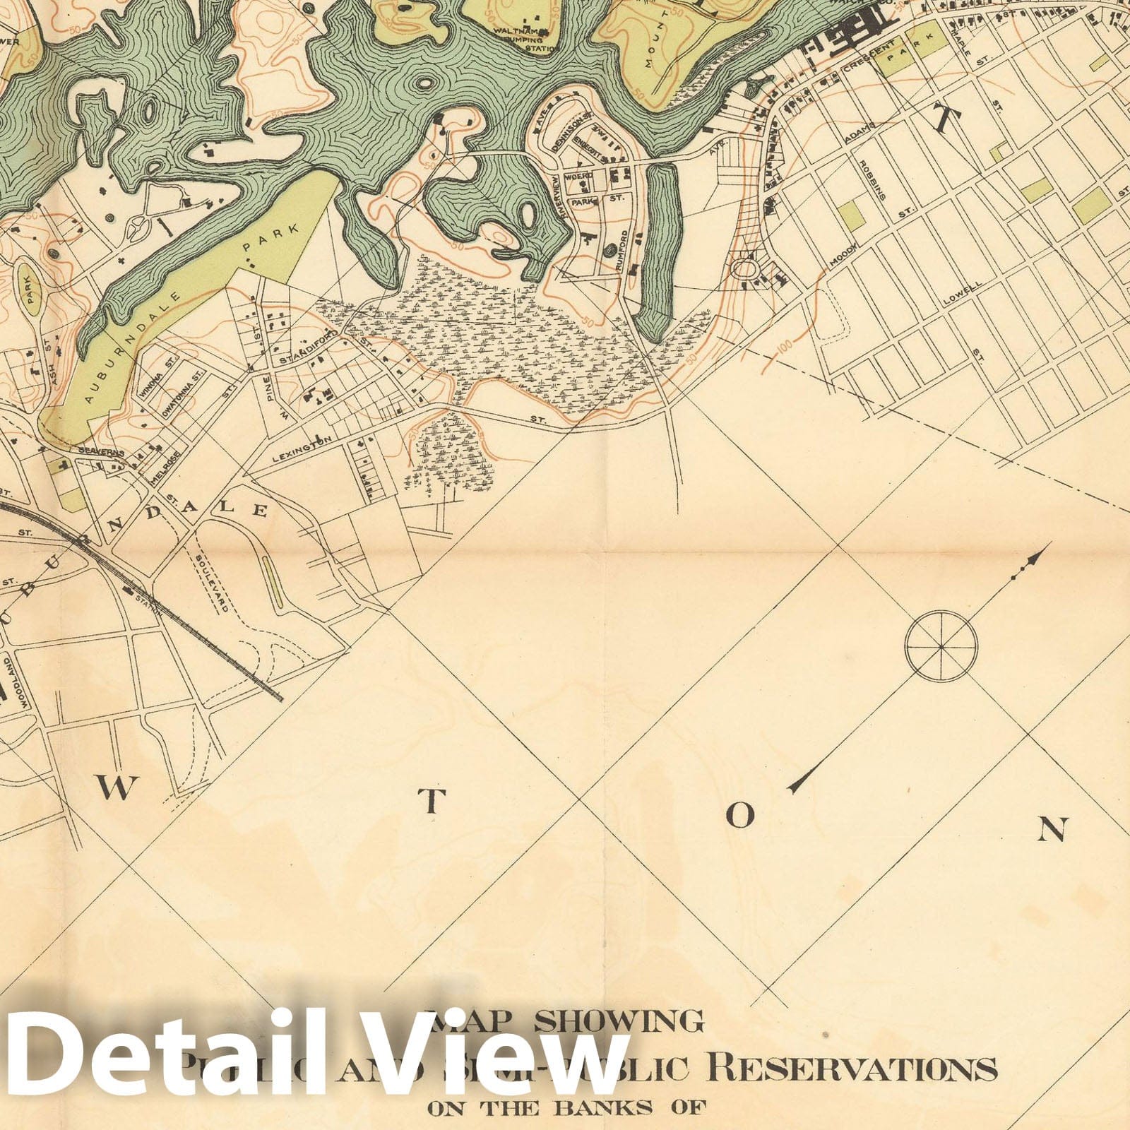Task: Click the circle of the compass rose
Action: click(x=941, y=645)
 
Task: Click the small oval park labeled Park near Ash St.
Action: click(x=30, y=290)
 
